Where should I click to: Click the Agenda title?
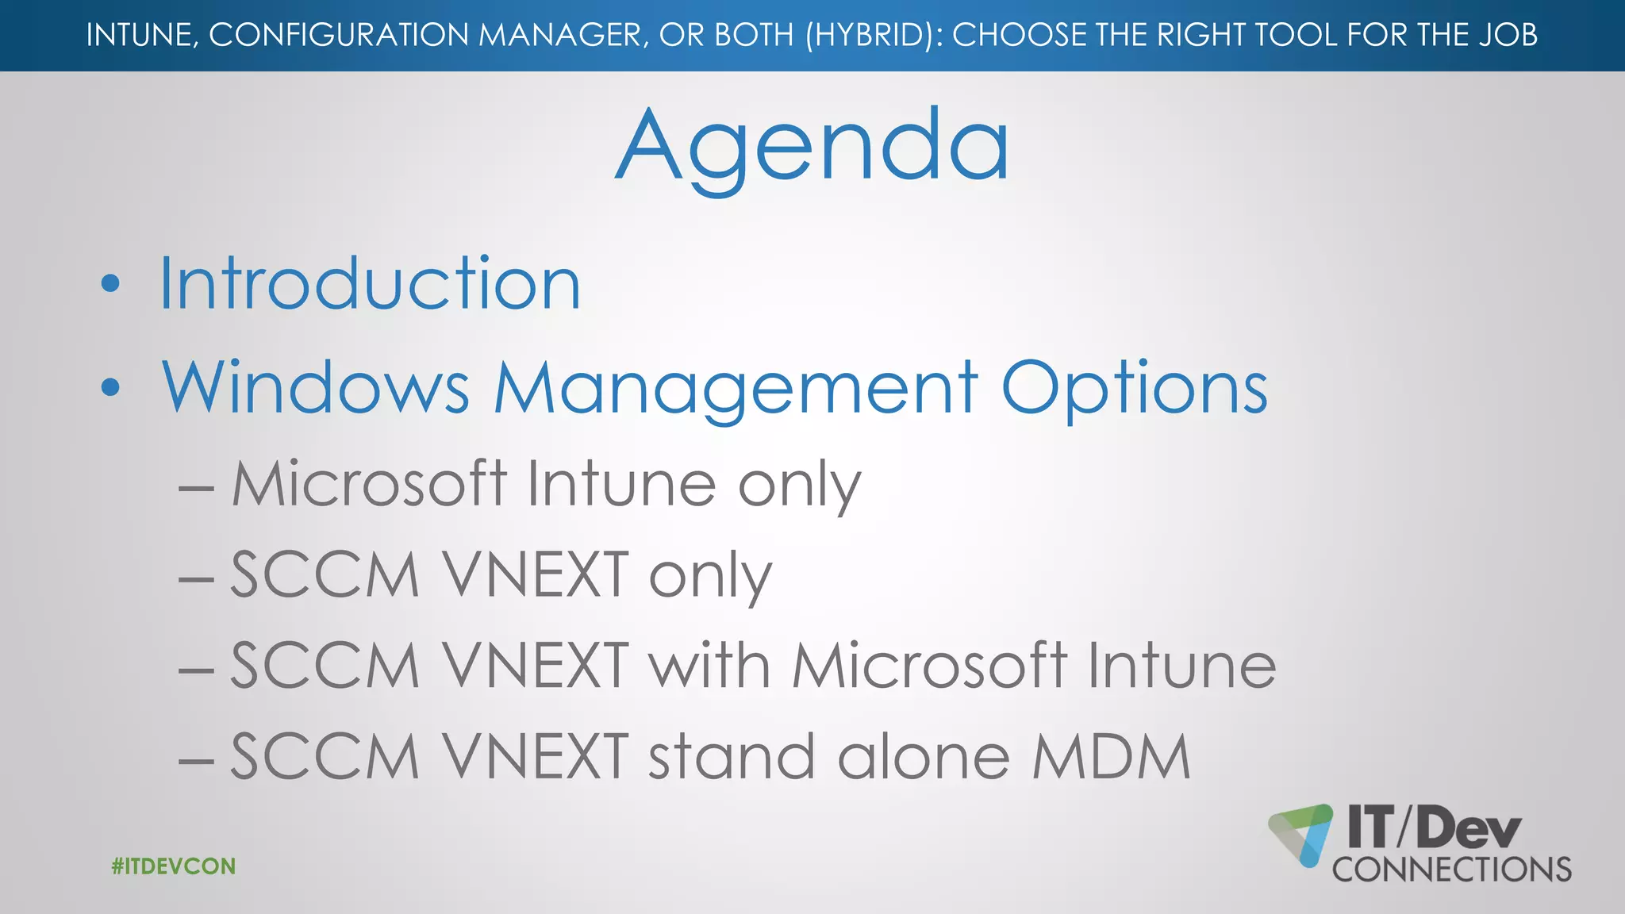coord(812,147)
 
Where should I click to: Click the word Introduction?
coord(370,283)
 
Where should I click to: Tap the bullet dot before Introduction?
coord(111,284)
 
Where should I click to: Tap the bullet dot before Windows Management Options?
coord(111,387)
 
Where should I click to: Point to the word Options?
coord(1135,389)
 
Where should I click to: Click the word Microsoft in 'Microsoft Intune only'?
coord(369,483)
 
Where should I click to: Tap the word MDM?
coord(1111,757)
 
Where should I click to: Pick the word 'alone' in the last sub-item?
coord(924,757)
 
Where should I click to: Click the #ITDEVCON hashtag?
coord(174,866)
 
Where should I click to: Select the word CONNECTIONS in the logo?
coord(1452,870)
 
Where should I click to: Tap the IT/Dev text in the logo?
coord(1435,827)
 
